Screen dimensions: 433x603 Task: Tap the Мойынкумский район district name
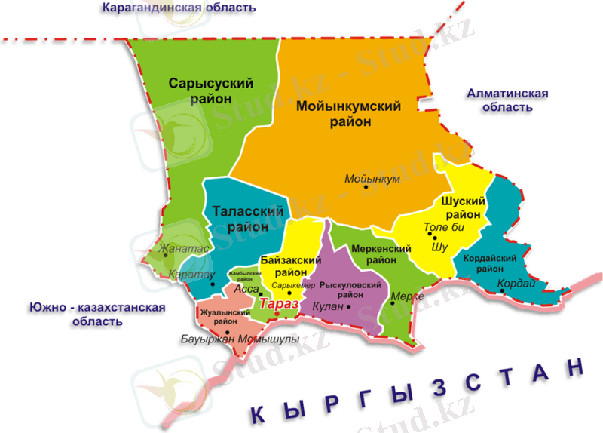pos(347,115)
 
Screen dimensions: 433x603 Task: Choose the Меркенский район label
pos(381,254)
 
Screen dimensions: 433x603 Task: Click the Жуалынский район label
pos(219,317)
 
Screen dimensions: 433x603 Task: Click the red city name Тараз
pos(279,303)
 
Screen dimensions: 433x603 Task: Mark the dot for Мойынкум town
pos(366,187)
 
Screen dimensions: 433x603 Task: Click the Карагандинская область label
pos(180,8)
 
